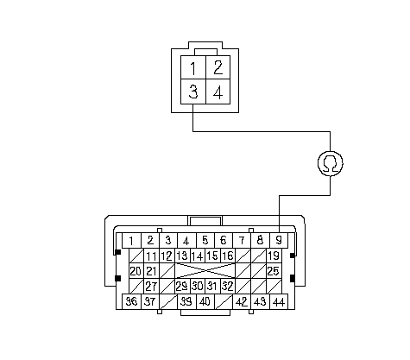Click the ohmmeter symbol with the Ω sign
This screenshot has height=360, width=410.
tap(330, 163)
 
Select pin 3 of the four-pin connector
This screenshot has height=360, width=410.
tap(193, 92)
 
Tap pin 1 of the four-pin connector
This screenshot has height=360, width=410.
tap(193, 67)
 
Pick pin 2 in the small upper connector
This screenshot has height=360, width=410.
tap(218, 67)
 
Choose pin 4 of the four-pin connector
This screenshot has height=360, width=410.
tap(218, 92)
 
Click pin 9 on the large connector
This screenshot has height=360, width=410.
tap(279, 240)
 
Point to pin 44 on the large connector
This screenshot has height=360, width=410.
tap(279, 301)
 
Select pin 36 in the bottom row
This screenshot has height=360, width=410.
tap(131, 301)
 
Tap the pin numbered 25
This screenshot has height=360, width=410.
tap(274, 271)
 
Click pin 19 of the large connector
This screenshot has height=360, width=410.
tap(274, 256)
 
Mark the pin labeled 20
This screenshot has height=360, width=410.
tap(136, 271)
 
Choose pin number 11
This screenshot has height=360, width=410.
tap(151, 256)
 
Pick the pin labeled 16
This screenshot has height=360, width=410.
tap(228, 256)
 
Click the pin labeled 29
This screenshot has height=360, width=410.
tap(182, 286)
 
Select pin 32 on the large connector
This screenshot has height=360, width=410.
tap(228, 286)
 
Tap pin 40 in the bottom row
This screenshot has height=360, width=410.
tap(205, 301)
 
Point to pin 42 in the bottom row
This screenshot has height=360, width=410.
tap(242, 301)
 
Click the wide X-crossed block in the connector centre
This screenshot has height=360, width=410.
tap(205, 271)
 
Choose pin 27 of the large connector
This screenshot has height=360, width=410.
tap(151, 286)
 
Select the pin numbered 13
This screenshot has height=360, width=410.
tap(182, 256)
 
